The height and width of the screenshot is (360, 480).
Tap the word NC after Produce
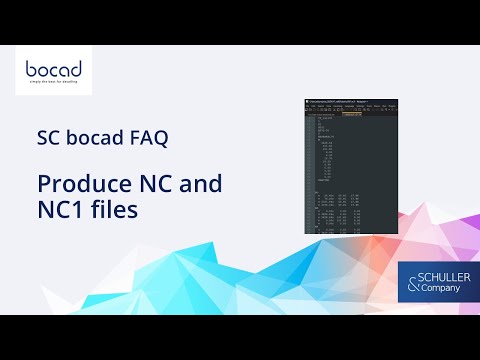[157, 185]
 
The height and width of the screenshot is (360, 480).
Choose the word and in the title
[201, 185]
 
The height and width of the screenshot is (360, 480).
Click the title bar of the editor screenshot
[340, 101]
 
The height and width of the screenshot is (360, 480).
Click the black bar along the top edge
[240, 22]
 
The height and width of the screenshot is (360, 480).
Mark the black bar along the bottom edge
[240, 337]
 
